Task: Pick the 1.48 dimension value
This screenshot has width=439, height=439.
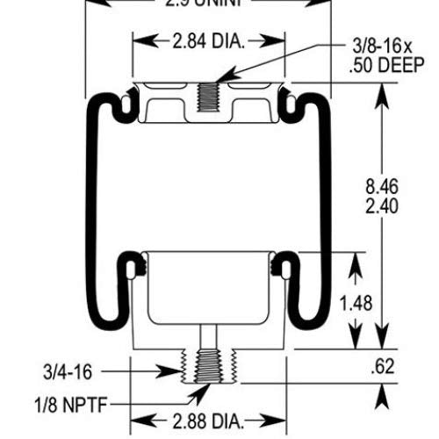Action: coord(356,303)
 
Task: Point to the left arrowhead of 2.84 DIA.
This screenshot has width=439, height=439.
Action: coord(136,41)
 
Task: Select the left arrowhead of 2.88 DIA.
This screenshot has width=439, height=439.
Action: coord(136,417)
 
